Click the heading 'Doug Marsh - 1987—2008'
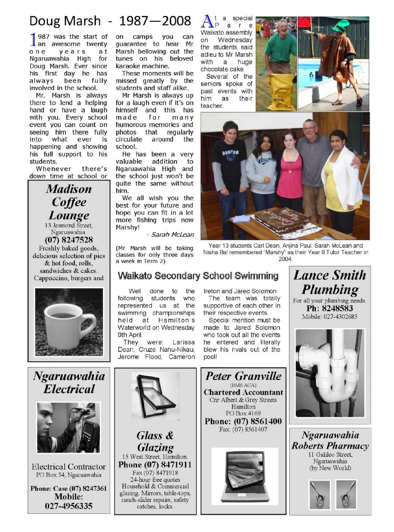point(110,21)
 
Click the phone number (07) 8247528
point(69,240)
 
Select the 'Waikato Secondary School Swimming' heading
point(198,276)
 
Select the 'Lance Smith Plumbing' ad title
point(330,282)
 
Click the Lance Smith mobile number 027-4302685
point(330,317)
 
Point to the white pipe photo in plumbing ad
point(330,373)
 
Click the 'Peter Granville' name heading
point(244,376)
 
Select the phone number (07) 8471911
point(155,465)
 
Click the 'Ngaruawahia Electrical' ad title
point(69,383)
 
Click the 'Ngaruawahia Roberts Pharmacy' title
point(330,440)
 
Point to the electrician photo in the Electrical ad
point(69,427)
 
